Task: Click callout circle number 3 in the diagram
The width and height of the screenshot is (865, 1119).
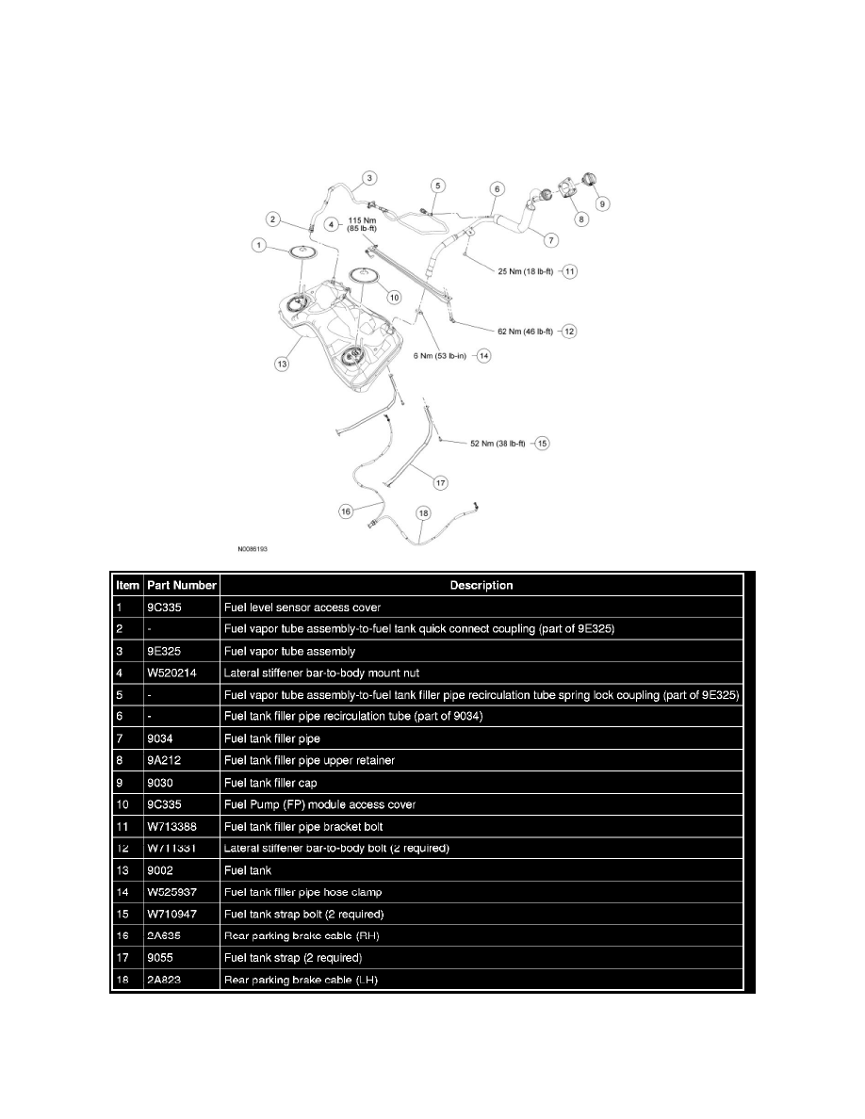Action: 369,177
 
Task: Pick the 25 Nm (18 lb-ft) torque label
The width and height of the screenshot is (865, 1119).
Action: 527,270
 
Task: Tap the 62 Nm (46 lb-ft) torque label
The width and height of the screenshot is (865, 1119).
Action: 527,331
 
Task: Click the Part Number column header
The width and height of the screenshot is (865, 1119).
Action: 182,585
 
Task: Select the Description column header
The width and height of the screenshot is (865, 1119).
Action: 481,585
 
